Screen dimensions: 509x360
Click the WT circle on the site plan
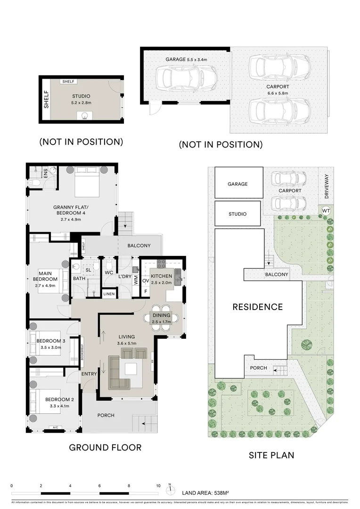click(x=326, y=210)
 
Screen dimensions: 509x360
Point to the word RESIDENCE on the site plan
click(x=257, y=307)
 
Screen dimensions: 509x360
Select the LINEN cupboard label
click(x=109, y=294)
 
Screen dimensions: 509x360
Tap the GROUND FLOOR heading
click(x=105, y=447)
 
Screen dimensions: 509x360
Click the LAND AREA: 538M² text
click(x=205, y=493)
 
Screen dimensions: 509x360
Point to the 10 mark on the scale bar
click(x=158, y=485)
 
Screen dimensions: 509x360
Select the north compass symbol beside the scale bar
click(x=172, y=488)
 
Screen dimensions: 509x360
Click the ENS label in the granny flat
click(x=46, y=173)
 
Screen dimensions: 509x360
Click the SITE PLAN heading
click(x=271, y=455)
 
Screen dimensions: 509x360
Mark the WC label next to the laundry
click(x=109, y=273)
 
